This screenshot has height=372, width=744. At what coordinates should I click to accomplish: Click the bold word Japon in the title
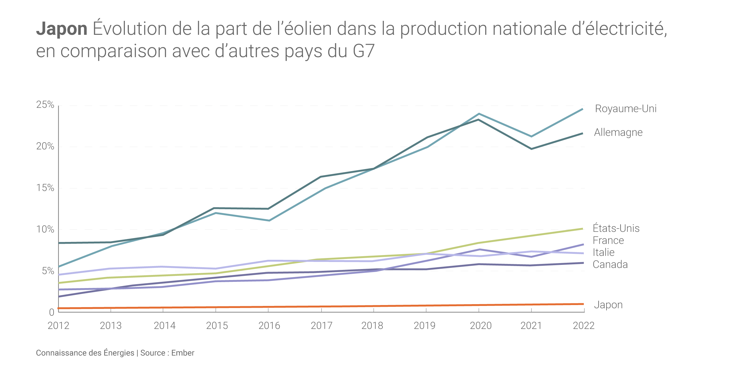[x=62, y=29]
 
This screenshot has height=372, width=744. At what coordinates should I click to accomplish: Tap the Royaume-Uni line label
[x=626, y=109]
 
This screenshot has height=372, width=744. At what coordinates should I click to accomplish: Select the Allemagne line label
[x=618, y=132]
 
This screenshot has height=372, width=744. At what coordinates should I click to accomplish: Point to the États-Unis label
[x=616, y=228]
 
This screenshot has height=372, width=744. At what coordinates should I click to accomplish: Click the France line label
[x=608, y=240]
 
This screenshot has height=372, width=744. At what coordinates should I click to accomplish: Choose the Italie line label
[x=603, y=252]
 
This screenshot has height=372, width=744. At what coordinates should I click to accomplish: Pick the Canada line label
[x=610, y=265]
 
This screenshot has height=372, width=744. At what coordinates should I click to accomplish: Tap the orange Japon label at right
[x=608, y=305]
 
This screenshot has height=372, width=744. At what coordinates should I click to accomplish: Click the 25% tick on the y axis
[x=45, y=105]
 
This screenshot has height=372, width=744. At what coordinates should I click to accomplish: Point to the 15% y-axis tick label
[x=45, y=188]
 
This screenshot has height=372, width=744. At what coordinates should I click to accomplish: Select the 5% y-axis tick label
[x=48, y=271]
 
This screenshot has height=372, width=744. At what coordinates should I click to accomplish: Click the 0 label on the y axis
[x=51, y=312]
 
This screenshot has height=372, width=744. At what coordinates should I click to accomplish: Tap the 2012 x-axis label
[x=58, y=326]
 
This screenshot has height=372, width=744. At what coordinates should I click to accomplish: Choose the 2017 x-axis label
[x=321, y=326]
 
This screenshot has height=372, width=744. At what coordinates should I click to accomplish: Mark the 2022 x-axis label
[x=584, y=326]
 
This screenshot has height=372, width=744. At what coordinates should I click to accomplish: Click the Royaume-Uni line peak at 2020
[x=479, y=114]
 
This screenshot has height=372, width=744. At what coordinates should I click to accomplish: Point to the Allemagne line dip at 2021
[x=531, y=149]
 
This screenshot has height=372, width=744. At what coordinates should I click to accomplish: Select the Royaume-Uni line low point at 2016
[x=269, y=221]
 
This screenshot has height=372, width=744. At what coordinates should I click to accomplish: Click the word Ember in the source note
[x=183, y=353]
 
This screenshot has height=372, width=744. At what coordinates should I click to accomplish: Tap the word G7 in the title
[x=363, y=51]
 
